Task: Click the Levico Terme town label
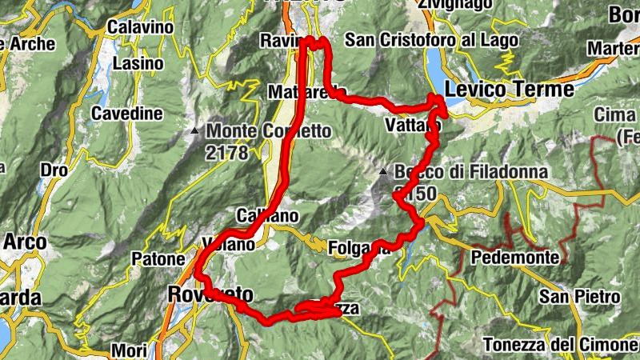pos(510,89)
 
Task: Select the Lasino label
pos(137,62)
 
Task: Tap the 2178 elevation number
pos(226,152)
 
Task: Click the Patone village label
pos(156,259)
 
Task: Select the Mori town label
pos(130,350)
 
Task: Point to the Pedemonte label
pos(514,258)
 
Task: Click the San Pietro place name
pos(581,298)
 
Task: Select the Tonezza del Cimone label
pos(560,345)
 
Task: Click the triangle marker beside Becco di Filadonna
pos(385,171)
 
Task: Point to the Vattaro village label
pos(412,126)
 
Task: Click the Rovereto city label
pos(210,294)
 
